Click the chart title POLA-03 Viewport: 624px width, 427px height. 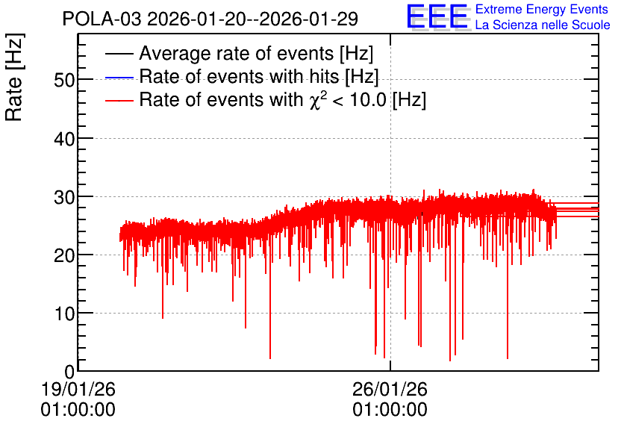pos(102,19)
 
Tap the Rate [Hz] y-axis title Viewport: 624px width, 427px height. pos(14,77)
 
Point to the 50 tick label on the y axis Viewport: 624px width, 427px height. pos(64,81)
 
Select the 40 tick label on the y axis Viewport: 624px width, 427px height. pos(64,140)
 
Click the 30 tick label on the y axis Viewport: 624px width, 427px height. pos(64,197)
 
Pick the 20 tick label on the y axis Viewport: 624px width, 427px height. pos(64,255)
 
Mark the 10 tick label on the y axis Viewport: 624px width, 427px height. pos(64,314)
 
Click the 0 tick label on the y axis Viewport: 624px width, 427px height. pos(69,372)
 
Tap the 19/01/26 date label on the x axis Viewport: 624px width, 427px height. pos(78,389)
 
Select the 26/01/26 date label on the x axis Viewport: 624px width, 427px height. pos(390,389)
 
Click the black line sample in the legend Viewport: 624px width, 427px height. pos(119,54)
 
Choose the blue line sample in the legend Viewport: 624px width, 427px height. pos(119,77)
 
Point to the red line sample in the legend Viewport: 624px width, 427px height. pos(119,100)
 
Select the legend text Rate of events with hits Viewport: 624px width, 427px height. pos(239,76)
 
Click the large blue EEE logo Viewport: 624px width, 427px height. pos(437,16)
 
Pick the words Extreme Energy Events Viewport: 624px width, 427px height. pos(542,9)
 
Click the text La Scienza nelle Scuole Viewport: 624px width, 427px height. pos(543,25)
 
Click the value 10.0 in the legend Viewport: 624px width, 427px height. pos(368,99)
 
